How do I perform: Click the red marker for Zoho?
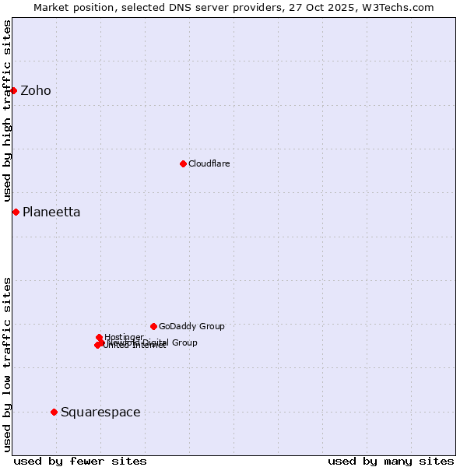tap(13, 90)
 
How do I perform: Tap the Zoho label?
tap(36, 91)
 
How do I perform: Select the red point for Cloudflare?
tap(183, 163)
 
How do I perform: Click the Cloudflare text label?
tap(209, 163)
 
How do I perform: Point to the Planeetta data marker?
tap(16, 212)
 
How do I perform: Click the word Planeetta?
tap(51, 212)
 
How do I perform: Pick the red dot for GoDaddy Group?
tap(153, 326)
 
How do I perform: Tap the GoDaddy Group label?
tap(191, 326)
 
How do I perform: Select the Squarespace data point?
tap(54, 412)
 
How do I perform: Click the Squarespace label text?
tap(100, 413)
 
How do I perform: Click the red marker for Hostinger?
tap(99, 337)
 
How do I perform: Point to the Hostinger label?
tap(125, 337)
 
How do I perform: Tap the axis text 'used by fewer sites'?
tap(80, 461)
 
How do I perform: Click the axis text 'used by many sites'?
tap(391, 461)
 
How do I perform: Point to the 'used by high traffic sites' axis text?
tap(7, 111)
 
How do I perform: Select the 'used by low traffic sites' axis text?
tap(7, 364)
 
